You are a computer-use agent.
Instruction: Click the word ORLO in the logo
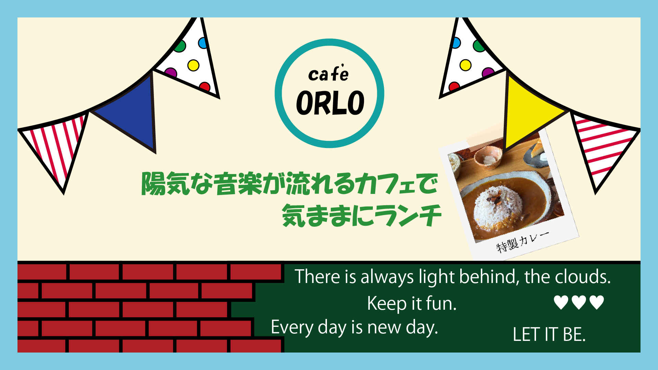(330, 103)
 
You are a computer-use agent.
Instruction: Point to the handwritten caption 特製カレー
(523, 241)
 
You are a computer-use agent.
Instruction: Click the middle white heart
(579, 302)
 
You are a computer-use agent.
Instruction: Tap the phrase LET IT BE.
(549, 334)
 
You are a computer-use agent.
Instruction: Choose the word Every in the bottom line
(292, 327)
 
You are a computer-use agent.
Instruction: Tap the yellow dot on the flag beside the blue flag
(193, 65)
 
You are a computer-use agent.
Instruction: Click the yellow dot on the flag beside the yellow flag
(465, 65)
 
